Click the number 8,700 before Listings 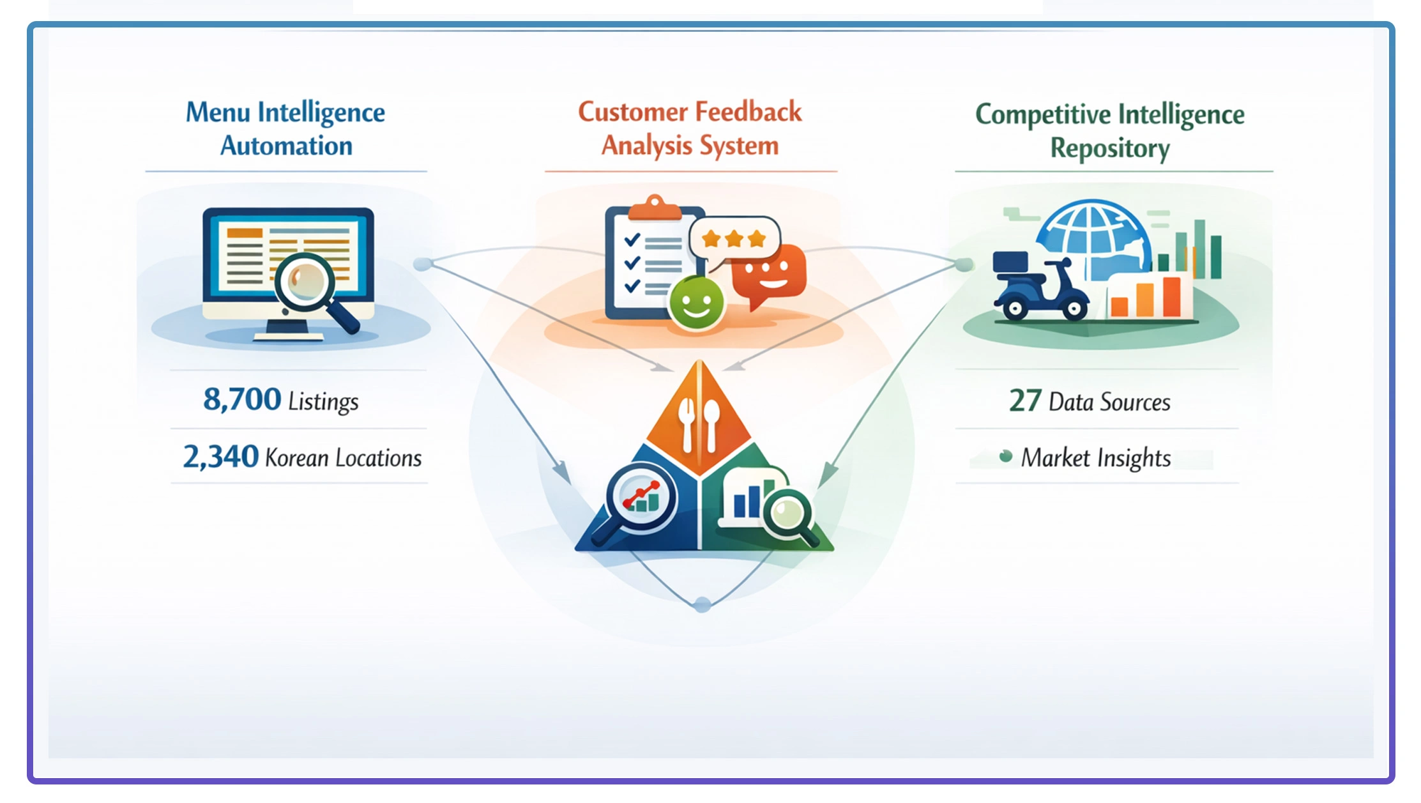coord(241,400)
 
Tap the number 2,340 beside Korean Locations coord(220,457)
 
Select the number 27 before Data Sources coord(1025,401)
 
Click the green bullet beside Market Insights coord(1006,456)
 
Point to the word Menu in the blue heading coord(218,112)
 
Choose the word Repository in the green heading coord(1110,148)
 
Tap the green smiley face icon coord(696,303)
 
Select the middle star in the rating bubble coord(734,239)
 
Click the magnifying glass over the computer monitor coord(305,282)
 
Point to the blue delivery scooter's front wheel coord(1074,309)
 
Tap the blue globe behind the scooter coord(1093,236)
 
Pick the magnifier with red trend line coord(641,497)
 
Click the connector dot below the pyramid coord(703,604)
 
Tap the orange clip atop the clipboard coord(654,208)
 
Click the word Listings coord(323,401)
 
